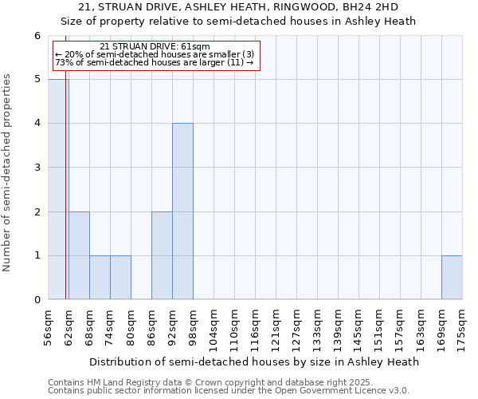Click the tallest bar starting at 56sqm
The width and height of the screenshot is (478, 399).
(x=58, y=189)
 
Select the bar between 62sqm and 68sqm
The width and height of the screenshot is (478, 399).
(x=79, y=255)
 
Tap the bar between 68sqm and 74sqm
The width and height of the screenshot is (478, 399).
(x=100, y=278)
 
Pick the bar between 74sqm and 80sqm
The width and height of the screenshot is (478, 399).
(x=120, y=278)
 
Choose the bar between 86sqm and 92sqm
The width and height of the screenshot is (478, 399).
(x=162, y=255)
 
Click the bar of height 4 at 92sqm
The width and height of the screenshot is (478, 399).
(x=182, y=211)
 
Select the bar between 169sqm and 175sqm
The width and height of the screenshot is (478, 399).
(x=452, y=278)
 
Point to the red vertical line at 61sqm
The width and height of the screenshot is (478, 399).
(x=65, y=199)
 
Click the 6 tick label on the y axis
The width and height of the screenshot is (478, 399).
(x=37, y=36)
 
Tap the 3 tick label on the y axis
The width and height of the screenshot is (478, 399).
(x=37, y=168)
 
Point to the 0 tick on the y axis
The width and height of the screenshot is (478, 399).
(x=37, y=300)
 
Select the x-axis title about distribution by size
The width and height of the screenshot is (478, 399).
(x=254, y=361)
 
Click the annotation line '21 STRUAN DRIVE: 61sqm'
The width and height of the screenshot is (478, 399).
(x=155, y=47)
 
